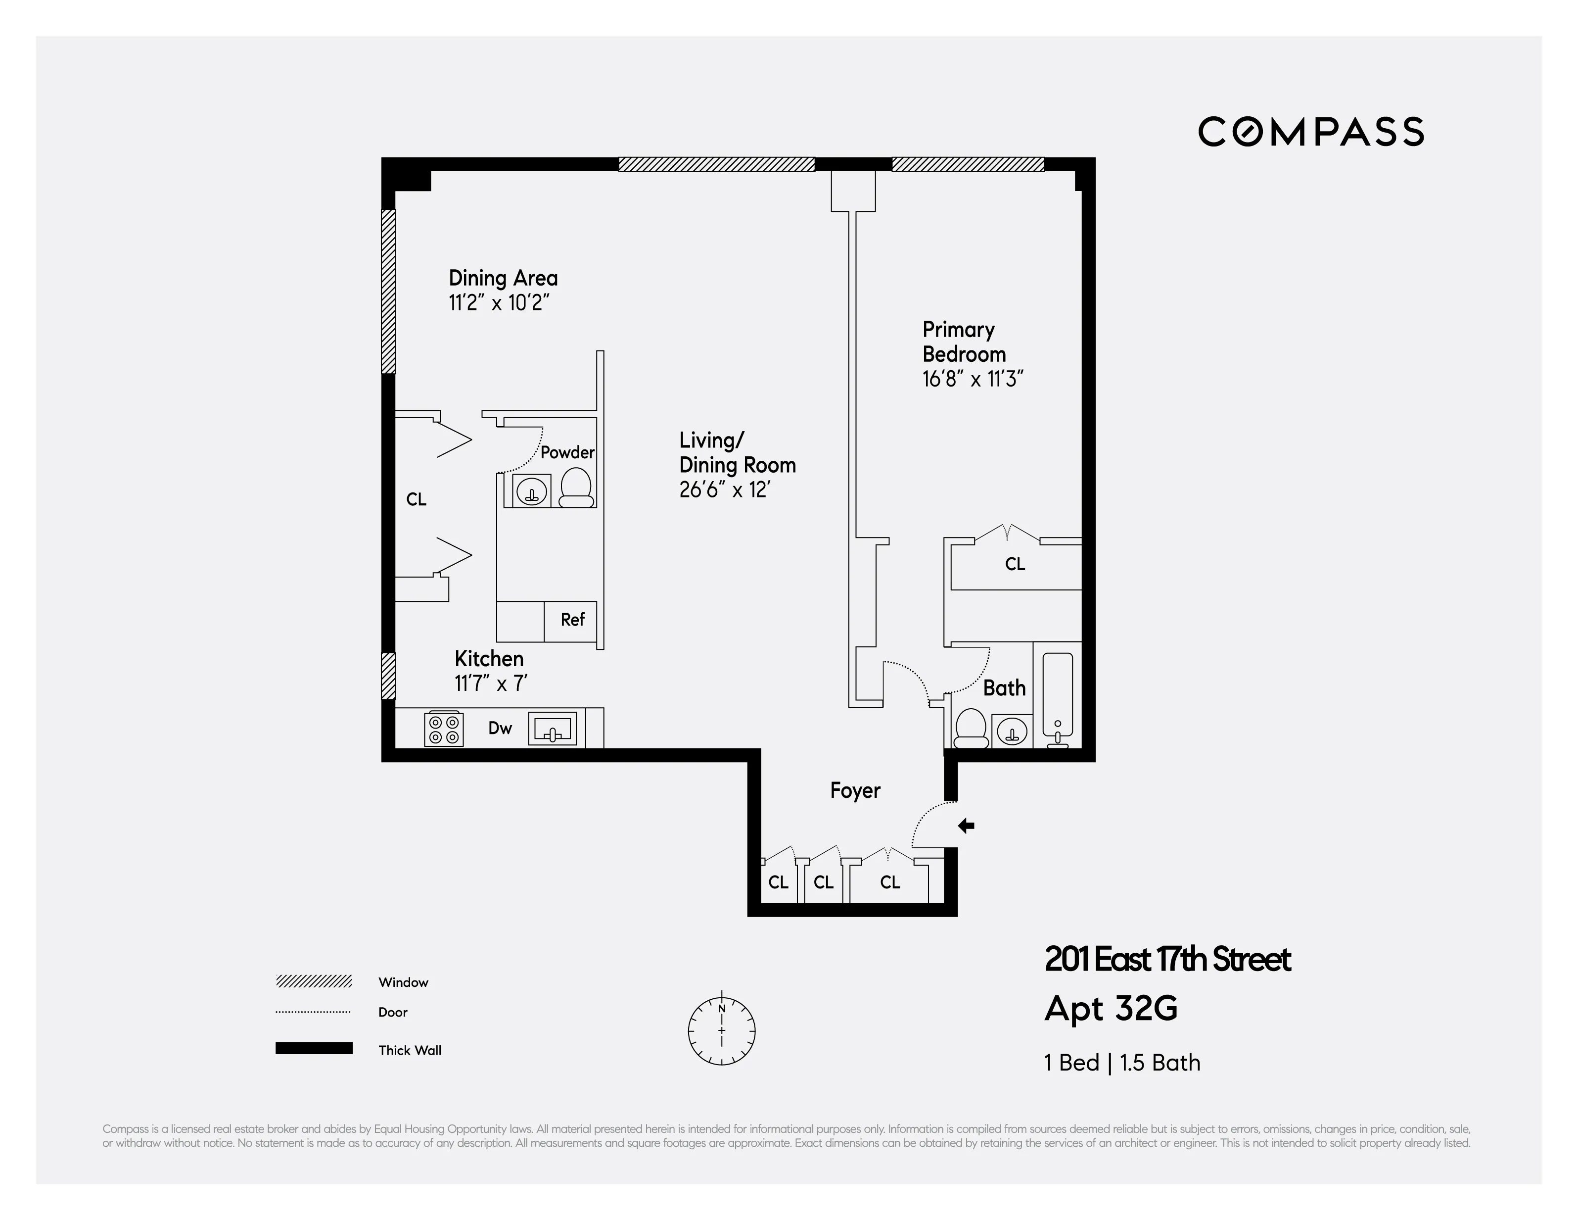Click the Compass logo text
coord(1311,132)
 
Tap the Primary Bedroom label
coord(963,342)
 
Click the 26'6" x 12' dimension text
coord(724,490)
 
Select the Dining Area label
coord(503,278)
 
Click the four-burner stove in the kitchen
coord(444,729)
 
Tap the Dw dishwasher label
coord(500,729)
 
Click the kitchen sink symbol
coord(553,729)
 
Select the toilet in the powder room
coord(576,488)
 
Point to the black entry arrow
coord(966,826)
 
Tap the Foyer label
coord(855,791)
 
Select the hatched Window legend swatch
coord(314,981)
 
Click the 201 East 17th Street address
coord(1167,960)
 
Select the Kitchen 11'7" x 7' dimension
coord(491,683)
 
